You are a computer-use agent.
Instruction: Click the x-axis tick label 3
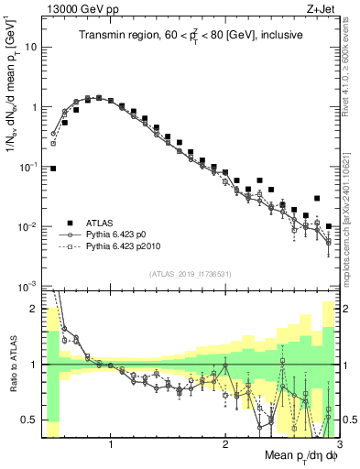[339, 444]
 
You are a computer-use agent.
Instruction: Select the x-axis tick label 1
[111, 444]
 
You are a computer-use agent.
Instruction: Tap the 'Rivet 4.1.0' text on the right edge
[351, 69]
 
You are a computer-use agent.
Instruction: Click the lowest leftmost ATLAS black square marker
[53, 169]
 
